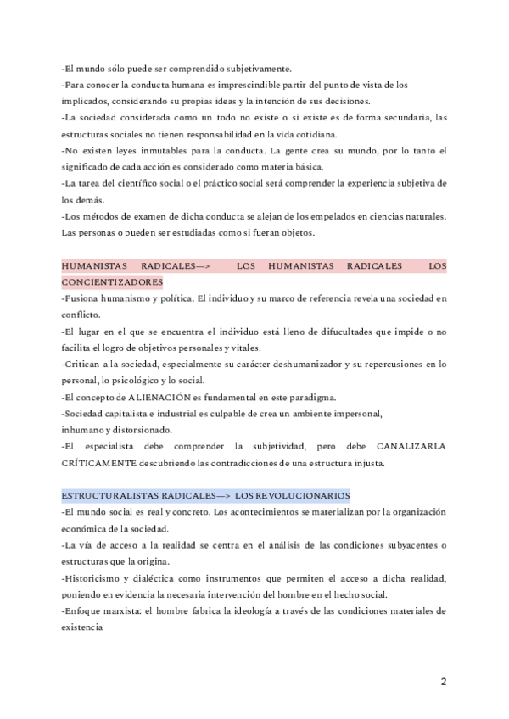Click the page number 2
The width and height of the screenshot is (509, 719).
tap(444, 682)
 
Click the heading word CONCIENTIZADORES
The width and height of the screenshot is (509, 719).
tap(113, 281)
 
